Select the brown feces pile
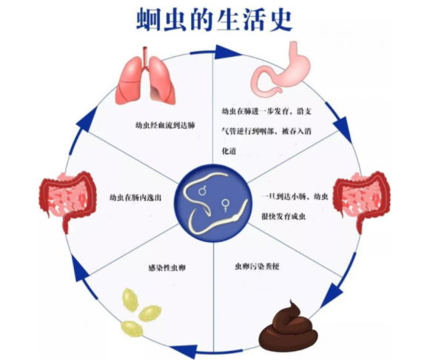(289, 327)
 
